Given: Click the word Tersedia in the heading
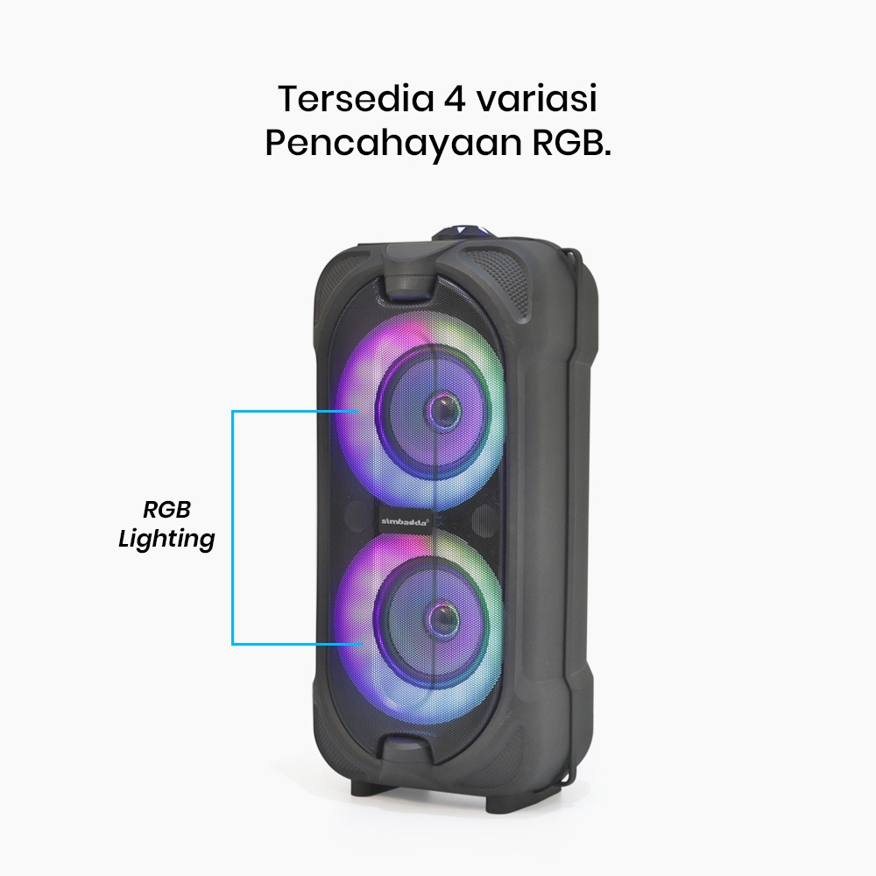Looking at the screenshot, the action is tap(356, 99).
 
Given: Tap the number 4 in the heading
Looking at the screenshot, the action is tap(456, 100).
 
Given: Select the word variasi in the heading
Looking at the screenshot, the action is tap(538, 99).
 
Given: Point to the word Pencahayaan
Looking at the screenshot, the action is tap(393, 145).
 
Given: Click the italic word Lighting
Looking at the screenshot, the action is tap(166, 539).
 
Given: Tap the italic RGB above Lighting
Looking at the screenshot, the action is tap(166, 510).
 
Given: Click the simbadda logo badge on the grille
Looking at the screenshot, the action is tap(406, 521).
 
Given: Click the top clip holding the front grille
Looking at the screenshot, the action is tap(408, 274).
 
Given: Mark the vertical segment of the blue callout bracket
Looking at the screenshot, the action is tap(233, 528).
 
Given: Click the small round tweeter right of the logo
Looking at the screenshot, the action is tap(484, 520).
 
